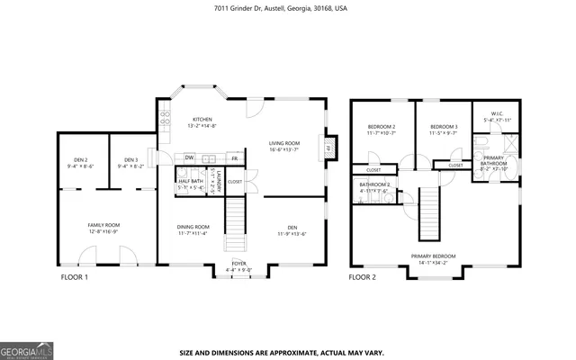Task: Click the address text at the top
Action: tap(287, 8)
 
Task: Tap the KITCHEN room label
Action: tap(202, 120)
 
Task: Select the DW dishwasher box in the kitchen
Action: tap(189, 158)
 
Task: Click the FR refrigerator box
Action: tap(234, 158)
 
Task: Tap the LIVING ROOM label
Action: tap(284, 143)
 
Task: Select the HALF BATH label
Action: tap(190, 181)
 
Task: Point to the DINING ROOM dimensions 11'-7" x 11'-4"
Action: tap(193, 233)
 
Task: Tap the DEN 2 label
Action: tap(81, 160)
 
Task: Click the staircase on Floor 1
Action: tap(234, 226)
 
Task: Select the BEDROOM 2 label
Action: tap(382, 127)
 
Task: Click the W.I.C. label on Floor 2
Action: tap(497, 113)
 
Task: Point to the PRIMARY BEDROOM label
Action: tap(433, 256)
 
